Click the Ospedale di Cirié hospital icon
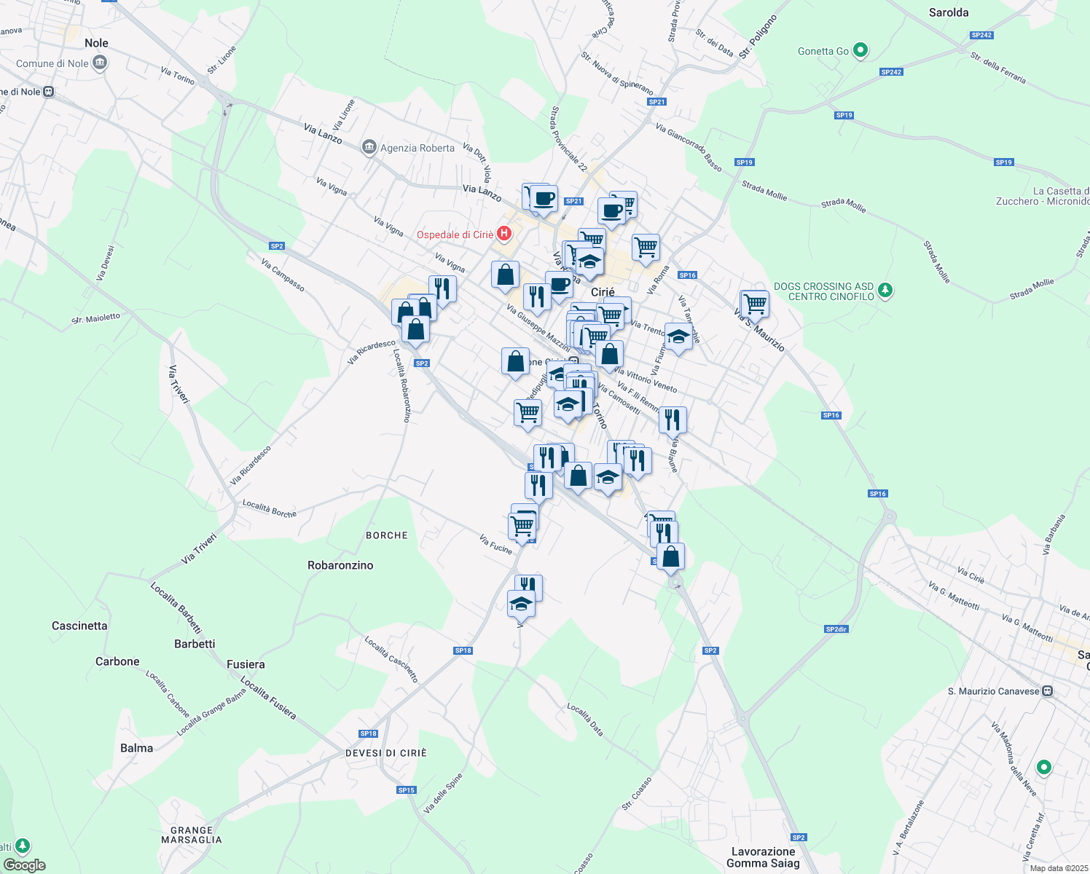tap(503, 234)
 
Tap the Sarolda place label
tap(949, 12)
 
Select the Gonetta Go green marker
tap(860, 51)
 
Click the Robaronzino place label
tap(340, 565)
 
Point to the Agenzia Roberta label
tap(417, 148)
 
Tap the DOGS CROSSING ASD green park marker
tap(885, 291)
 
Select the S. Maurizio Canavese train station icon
tap(1047, 691)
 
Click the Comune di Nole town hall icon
tap(100, 63)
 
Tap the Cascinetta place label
tap(79, 626)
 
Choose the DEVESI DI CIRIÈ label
tap(386, 753)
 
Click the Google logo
tap(24, 865)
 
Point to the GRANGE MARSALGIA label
tap(191, 835)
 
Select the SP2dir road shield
tap(836, 629)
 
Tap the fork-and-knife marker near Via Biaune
tap(673, 420)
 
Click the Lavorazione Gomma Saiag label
tap(763, 857)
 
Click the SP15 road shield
tap(407, 790)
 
